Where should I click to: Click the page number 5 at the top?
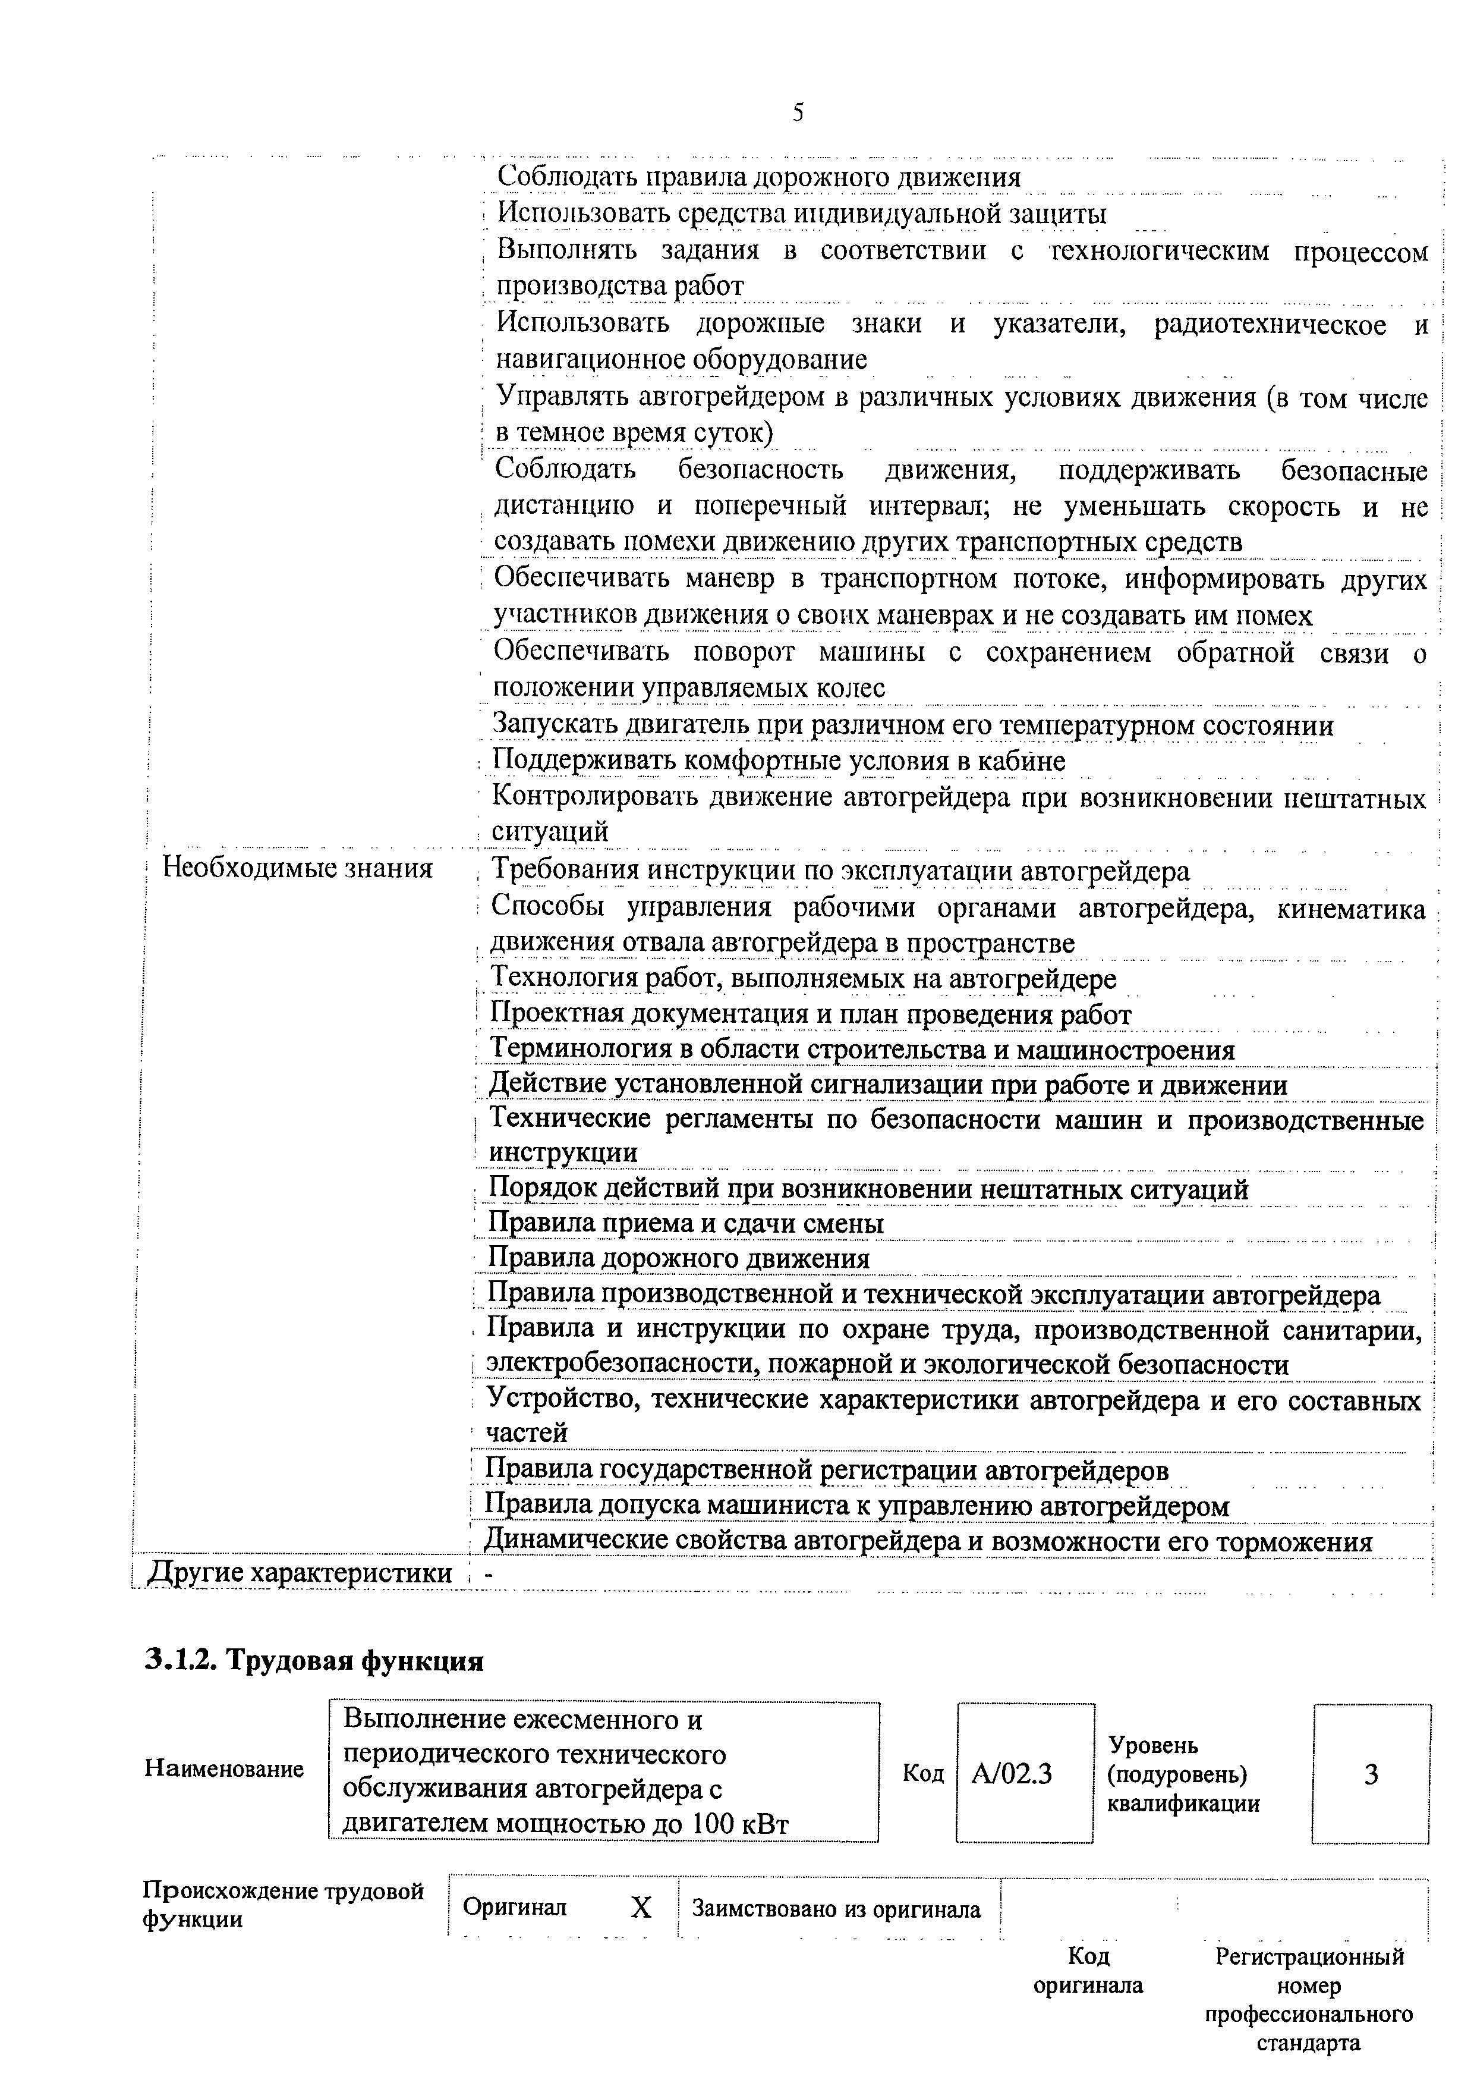click(x=798, y=112)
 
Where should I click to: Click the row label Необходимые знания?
click(x=297, y=869)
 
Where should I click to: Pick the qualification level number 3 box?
click(x=1371, y=1773)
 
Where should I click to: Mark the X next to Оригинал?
click(x=641, y=1908)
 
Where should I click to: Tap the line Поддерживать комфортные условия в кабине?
click(x=779, y=761)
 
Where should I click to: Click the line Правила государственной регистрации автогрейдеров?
click(x=827, y=1469)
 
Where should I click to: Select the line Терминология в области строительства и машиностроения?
click(x=862, y=1050)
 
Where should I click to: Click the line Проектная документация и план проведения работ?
click(x=810, y=1015)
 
